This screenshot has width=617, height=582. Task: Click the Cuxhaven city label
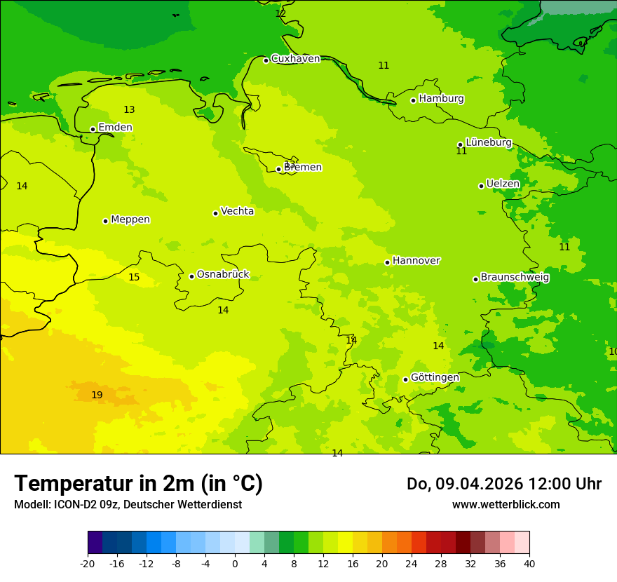(x=295, y=59)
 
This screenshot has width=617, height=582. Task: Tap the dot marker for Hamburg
(x=413, y=100)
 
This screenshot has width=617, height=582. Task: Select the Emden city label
(x=115, y=128)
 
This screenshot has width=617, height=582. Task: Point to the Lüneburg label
(x=489, y=142)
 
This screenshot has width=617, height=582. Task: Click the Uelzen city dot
(x=481, y=186)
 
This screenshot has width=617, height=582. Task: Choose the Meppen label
(x=130, y=219)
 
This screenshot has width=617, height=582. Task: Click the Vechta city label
(x=237, y=211)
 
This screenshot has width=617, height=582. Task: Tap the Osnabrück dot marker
(x=191, y=276)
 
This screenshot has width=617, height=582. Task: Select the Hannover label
(x=416, y=261)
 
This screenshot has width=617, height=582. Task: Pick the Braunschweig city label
(x=515, y=278)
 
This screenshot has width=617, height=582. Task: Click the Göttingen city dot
(x=405, y=379)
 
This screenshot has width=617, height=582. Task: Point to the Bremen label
(x=303, y=168)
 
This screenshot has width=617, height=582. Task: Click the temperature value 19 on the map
(x=97, y=395)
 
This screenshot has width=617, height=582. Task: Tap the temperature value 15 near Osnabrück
(x=134, y=278)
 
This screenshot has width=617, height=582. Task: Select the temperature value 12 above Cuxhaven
(x=280, y=13)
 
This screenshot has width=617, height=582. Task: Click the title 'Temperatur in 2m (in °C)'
(x=138, y=484)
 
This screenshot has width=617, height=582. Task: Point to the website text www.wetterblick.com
(x=506, y=505)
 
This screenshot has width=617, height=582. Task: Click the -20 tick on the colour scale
(x=88, y=564)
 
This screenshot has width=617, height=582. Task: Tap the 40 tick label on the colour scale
(x=529, y=564)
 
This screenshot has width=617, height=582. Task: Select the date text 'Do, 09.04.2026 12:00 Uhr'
(x=503, y=484)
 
